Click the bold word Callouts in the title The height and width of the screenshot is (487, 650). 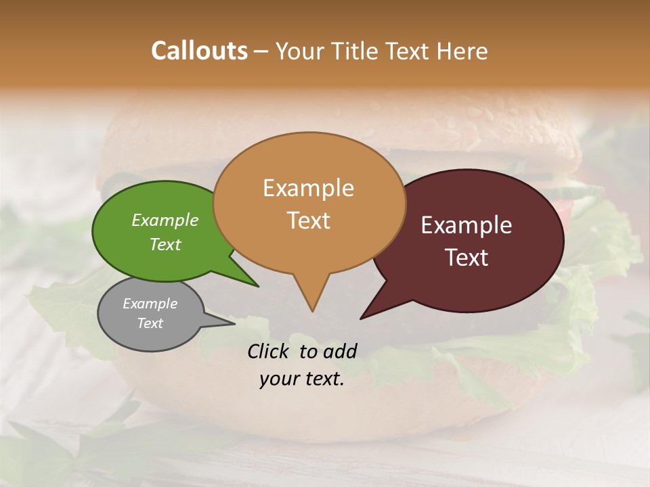pyautogui.click(x=199, y=51)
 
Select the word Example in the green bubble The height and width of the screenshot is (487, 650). pyautogui.click(x=165, y=220)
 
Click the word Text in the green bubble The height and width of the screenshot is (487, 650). pyautogui.click(x=165, y=244)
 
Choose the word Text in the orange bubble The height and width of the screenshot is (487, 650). pyautogui.click(x=308, y=220)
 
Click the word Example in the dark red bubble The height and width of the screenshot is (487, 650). pyautogui.click(x=467, y=225)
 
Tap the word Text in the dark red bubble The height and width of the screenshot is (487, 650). pyautogui.click(x=467, y=257)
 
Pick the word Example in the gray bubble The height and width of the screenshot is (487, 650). pyautogui.click(x=150, y=304)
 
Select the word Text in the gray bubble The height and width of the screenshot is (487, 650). pyautogui.click(x=150, y=323)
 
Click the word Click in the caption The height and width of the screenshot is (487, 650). pyautogui.click(x=269, y=351)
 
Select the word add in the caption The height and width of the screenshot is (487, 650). pyautogui.click(x=341, y=351)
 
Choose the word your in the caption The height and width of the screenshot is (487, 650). pyautogui.click(x=278, y=379)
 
